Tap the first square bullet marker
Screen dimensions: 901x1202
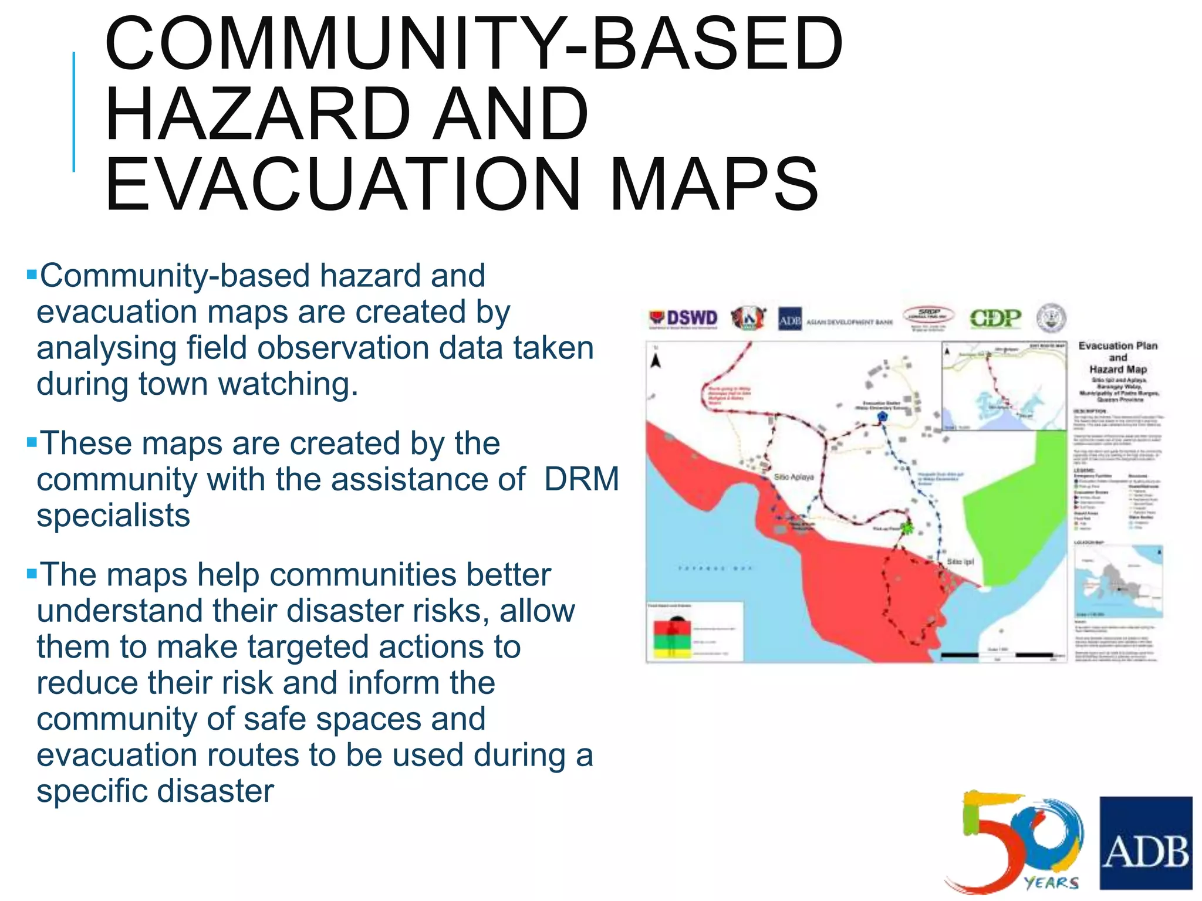(32, 274)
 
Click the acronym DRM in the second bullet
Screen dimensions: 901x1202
(581, 479)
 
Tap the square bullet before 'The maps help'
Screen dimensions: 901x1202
(32, 573)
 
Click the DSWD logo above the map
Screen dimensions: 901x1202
(683, 319)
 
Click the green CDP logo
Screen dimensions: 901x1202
(995, 319)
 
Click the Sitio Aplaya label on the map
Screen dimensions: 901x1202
(794, 477)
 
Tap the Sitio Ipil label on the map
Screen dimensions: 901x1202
(960, 561)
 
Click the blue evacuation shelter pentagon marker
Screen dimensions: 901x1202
(882, 416)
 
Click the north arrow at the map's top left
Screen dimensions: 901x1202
(656, 360)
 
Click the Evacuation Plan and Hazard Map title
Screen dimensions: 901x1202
(1118, 357)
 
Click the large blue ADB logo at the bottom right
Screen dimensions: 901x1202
(1146, 842)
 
